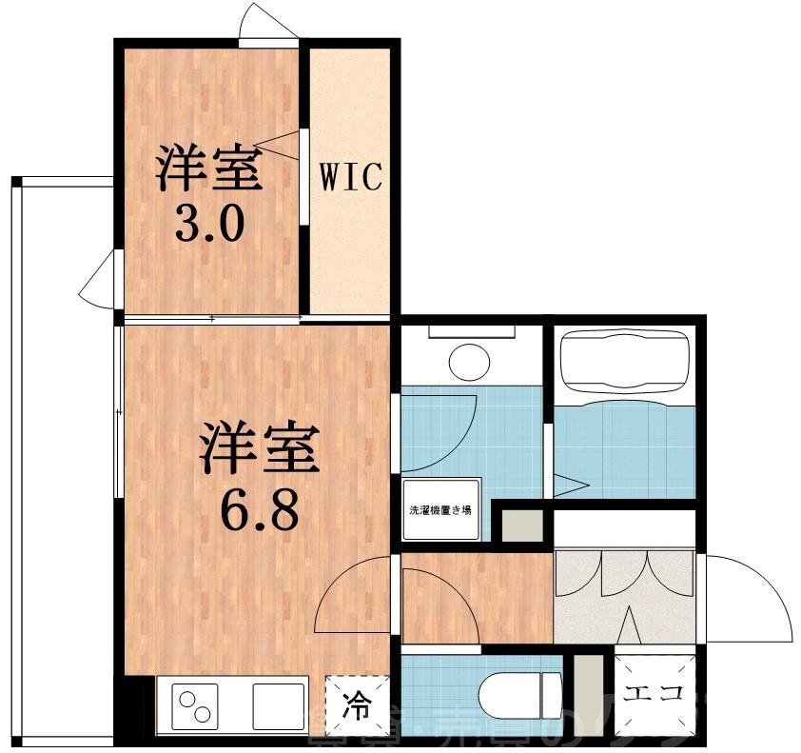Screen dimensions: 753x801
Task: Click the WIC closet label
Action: [349, 177]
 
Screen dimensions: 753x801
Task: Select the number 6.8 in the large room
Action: [259, 511]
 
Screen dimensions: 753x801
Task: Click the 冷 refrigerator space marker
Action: [358, 705]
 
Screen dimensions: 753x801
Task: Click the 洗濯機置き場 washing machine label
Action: [440, 510]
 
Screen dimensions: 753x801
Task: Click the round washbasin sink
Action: [470, 362]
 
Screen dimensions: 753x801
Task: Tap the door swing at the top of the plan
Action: [269, 23]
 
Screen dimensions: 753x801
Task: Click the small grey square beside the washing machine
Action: [521, 526]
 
